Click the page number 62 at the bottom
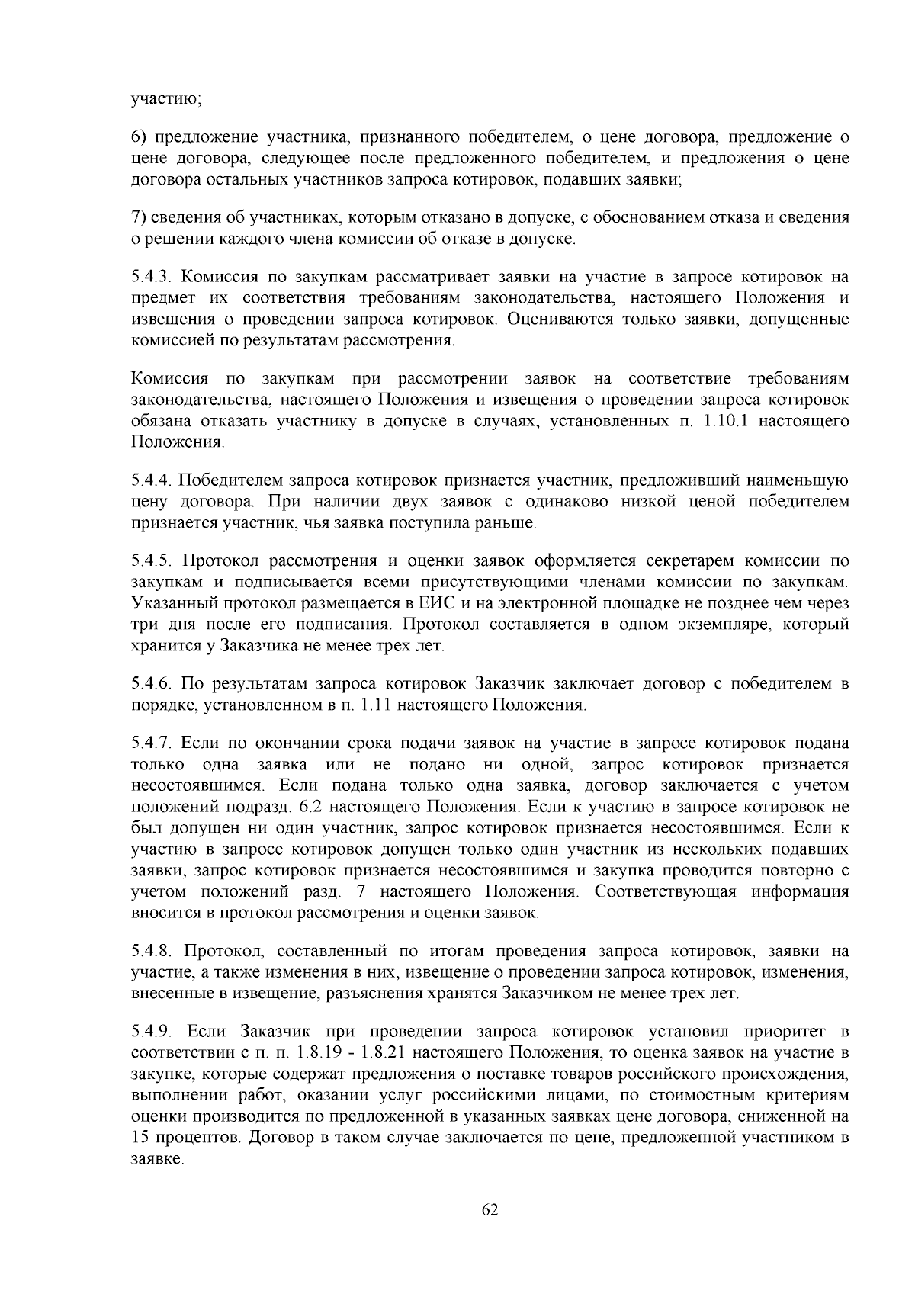tap(490, 1210)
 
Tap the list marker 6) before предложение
tap(139, 138)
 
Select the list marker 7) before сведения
tap(139, 218)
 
